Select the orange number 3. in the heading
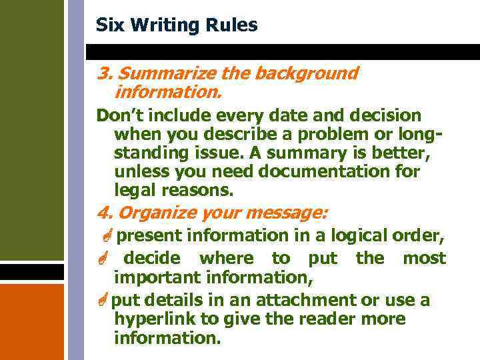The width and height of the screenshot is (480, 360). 104,73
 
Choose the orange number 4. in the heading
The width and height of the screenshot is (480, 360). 104,213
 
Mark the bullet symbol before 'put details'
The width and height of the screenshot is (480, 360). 103,301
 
